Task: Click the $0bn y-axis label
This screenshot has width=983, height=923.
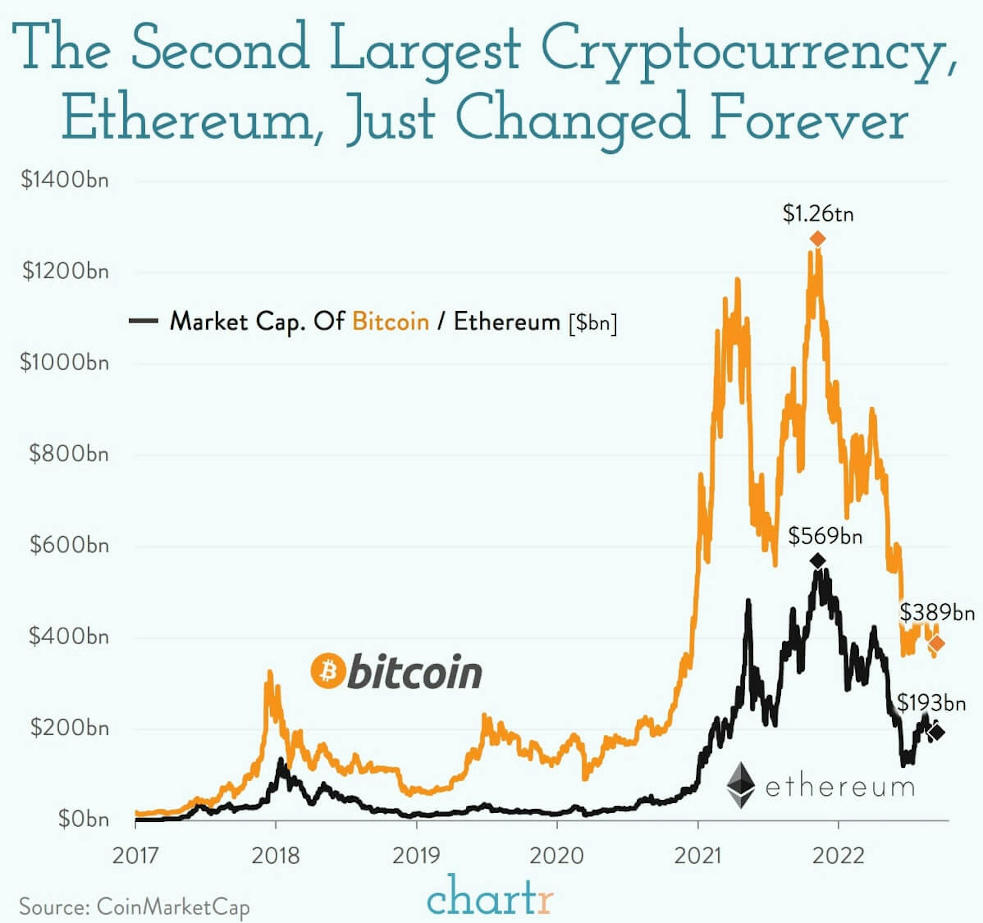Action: click(83, 819)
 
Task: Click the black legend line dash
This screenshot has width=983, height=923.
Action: click(143, 321)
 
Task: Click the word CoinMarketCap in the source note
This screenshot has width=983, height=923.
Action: click(173, 907)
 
